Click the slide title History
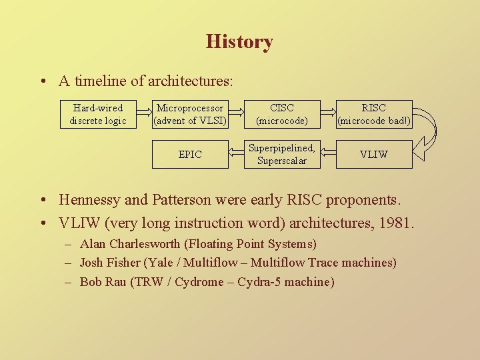coord(239,42)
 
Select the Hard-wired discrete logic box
coord(98,114)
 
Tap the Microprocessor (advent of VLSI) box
coord(190,114)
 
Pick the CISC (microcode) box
coord(282,114)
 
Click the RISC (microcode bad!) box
coord(374,114)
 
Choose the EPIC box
coord(190,154)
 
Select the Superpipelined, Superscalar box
coord(282,154)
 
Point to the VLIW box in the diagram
coord(374,154)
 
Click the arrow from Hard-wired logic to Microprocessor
coord(144,114)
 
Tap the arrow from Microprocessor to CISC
coord(236,114)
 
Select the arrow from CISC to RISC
coord(328,114)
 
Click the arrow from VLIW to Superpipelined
coord(328,154)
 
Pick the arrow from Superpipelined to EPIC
coord(236,154)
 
